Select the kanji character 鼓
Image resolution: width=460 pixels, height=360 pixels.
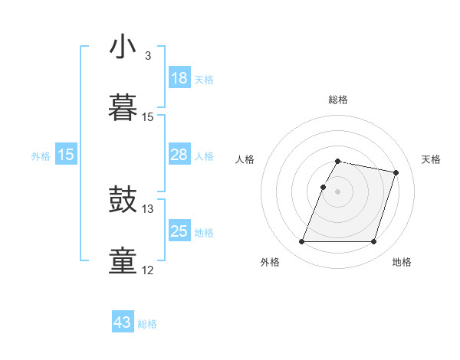point(123,201)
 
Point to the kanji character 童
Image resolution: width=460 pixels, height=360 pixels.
point(123,260)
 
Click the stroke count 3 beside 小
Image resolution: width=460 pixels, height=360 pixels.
point(148,57)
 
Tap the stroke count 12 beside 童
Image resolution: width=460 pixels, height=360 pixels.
point(148,270)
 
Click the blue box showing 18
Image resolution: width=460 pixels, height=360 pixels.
point(179,78)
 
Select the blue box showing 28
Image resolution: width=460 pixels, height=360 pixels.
point(179,155)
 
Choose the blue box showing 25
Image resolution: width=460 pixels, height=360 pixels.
point(179,231)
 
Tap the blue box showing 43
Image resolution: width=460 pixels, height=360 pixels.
point(123,322)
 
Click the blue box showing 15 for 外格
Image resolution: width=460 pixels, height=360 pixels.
point(66,155)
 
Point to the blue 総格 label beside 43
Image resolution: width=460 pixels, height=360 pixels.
point(148,324)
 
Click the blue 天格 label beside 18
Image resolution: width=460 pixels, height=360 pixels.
point(204,80)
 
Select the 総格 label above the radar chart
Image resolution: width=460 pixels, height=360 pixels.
point(338,100)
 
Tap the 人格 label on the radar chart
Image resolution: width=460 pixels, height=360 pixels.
point(245,159)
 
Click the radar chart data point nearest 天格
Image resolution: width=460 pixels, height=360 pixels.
point(396,173)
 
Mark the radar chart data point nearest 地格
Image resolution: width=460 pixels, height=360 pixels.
point(373,242)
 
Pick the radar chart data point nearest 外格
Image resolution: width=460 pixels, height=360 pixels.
point(302,242)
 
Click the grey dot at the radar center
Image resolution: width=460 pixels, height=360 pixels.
point(337,191)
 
